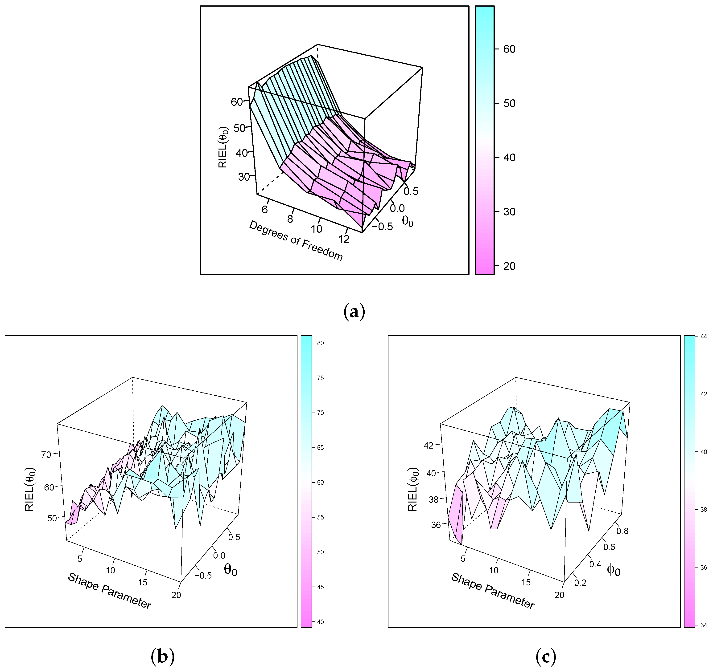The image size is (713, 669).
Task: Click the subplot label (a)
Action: [354, 312]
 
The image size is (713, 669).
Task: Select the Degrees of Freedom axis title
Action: [296, 240]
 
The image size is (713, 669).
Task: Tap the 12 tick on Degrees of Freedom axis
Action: [344, 239]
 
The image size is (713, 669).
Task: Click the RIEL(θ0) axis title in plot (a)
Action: [223, 147]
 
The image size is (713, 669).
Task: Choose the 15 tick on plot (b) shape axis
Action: [143, 582]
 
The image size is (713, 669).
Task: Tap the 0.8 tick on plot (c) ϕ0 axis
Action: [622, 531]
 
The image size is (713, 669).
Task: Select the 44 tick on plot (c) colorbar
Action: [703, 337]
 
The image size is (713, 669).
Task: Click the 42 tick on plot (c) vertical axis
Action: [429, 445]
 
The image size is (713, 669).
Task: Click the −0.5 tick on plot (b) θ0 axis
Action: [203, 576]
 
